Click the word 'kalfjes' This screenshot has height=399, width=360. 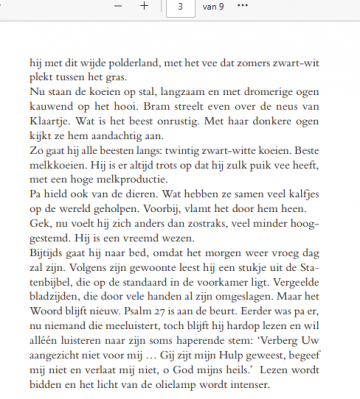(x=306, y=202)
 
